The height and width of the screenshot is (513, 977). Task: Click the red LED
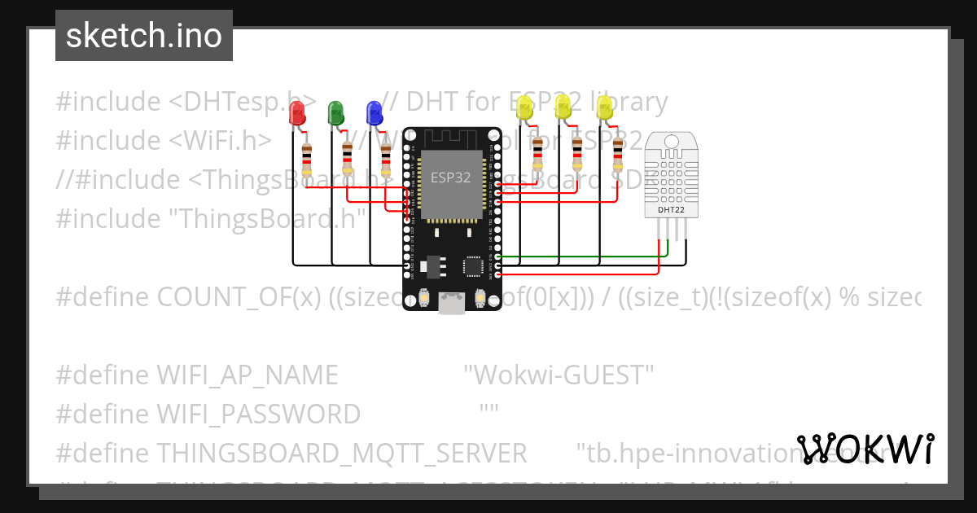[x=297, y=114]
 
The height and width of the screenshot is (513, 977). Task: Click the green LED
[x=335, y=112]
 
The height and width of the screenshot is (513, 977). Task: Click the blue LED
[x=374, y=112]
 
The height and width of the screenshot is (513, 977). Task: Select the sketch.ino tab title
[x=144, y=36]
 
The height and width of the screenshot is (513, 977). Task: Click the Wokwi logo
[x=865, y=449]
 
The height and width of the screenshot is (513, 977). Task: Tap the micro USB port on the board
[x=450, y=303]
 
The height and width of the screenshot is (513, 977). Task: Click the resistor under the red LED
[x=306, y=159]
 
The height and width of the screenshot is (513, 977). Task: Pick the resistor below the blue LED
[x=388, y=159]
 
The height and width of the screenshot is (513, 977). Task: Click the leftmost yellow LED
[x=525, y=107]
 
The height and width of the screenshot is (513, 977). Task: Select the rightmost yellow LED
[x=604, y=107]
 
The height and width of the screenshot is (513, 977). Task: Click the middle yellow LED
[x=563, y=107]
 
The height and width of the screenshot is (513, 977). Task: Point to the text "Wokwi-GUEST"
[x=559, y=375]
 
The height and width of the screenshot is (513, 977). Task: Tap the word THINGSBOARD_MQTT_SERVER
[x=341, y=453]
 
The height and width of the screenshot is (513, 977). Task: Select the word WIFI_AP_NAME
[x=247, y=375]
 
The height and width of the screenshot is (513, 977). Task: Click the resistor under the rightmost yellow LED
[x=618, y=153]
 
